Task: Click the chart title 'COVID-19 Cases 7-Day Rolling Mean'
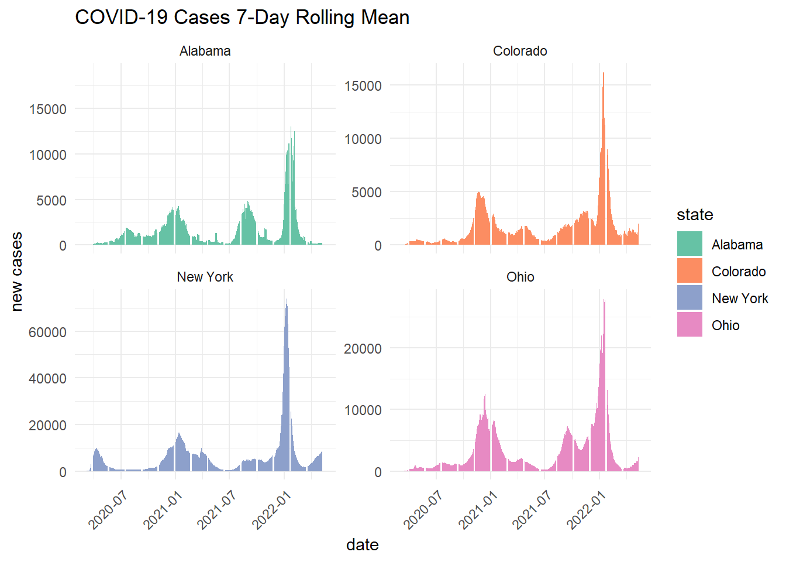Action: click(x=242, y=18)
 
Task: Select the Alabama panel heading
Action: click(x=205, y=52)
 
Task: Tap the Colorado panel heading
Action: click(x=520, y=52)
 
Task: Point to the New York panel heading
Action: click(x=205, y=277)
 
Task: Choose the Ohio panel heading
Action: click(x=520, y=277)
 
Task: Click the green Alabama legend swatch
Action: click(x=690, y=244)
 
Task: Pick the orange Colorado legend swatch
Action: click(x=690, y=271)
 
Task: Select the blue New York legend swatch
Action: click(x=690, y=298)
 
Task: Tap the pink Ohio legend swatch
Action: click(x=690, y=325)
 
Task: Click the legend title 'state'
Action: click(x=695, y=215)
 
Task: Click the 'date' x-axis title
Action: click(x=362, y=545)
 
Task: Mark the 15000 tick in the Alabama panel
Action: click(x=48, y=109)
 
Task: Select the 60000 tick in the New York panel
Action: click(x=48, y=333)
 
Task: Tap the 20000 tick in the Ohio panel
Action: click(x=363, y=349)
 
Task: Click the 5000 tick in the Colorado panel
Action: click(x=367, y=193)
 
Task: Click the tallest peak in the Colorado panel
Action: click(x=604, y=74)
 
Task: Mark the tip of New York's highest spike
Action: click(x=287, y=300)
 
